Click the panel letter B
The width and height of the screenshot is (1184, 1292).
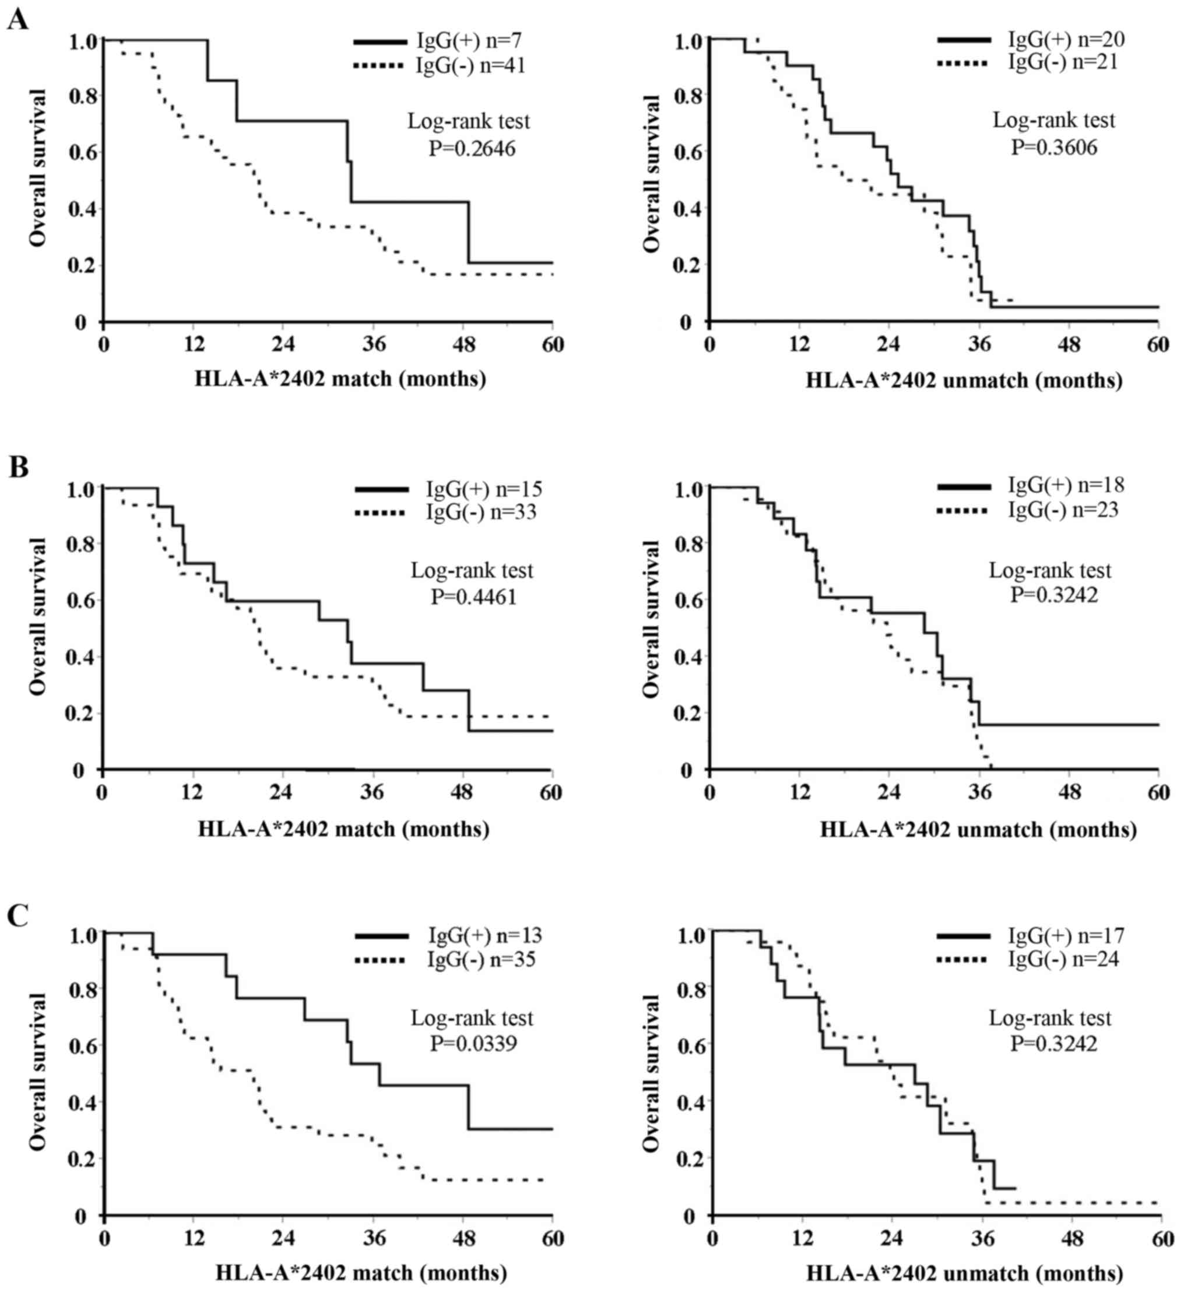(x=18, y=466)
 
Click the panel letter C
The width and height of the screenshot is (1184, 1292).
(x=18, y=916)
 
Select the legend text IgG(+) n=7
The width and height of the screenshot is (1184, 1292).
(x=469, y=41)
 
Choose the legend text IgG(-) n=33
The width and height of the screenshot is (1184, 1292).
(x=481, y=512)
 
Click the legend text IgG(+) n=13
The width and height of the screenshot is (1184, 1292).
(x=485, y=935)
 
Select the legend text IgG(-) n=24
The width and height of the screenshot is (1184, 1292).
(x=1063, y=960)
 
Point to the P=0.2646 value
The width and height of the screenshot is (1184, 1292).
(x=472, y=149)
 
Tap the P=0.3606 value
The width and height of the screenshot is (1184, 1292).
(x=1054, y=148)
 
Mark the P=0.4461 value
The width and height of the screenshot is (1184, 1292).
(x=473, y=596)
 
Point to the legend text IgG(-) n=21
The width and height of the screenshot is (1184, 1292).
(x=1063, y=62)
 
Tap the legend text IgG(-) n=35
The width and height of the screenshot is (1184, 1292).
(x=482, y=960)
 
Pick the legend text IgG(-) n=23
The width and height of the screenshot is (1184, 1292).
(x=1063, y=510)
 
